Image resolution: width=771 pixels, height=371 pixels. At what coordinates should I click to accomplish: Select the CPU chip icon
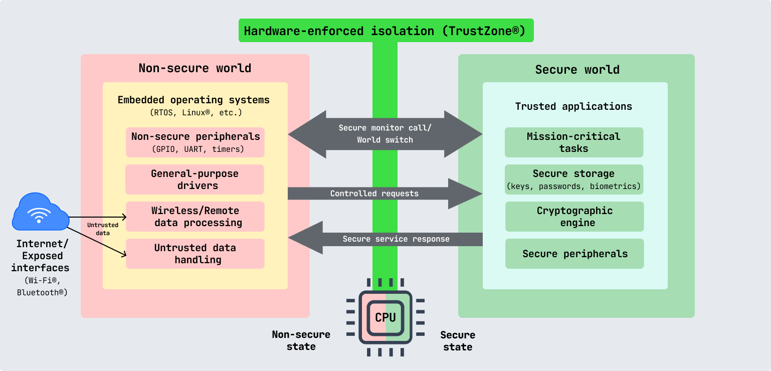point(385,317)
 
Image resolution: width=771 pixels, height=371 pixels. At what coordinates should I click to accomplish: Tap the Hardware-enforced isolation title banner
point(385,31)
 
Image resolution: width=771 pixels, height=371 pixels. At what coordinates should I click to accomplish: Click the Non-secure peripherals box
point(195,142)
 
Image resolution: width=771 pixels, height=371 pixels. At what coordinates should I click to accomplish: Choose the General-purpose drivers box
point(195,179)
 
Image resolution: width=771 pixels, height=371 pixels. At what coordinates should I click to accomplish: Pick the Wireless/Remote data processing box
point(195,217)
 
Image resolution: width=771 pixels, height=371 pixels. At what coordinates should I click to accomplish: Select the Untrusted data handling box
point(195,254)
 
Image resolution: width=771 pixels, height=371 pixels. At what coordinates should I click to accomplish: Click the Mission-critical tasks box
point(573,142)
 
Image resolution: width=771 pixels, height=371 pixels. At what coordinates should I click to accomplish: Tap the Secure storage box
point(573,179)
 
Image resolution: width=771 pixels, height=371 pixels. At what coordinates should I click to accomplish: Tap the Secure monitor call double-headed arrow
point(385,134)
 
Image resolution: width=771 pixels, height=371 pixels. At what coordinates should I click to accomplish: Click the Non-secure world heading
point(195,68)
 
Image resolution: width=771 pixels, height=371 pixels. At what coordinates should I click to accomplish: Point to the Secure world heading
point(577,70)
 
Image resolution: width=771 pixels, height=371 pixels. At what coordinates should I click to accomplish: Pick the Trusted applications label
point(573,106)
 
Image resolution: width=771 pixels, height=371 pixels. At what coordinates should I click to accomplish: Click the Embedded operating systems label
point(194,100)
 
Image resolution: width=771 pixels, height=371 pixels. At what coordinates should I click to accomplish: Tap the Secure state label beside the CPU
point(457,341)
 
